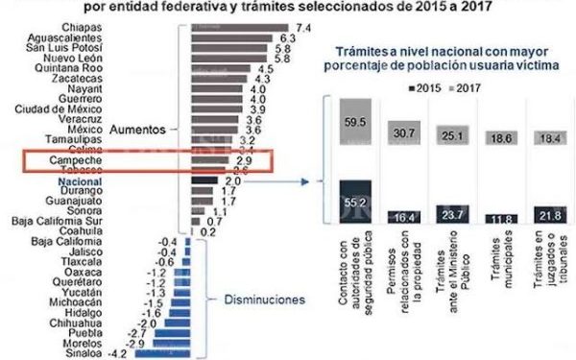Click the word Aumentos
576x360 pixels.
[x=139, y=129]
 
